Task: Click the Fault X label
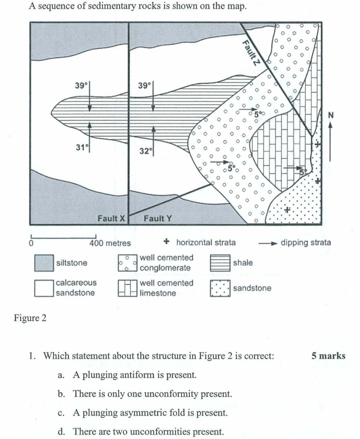pyautogui.click(x=111, y=218)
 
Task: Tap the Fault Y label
pyautogui.click(x=158, y=218)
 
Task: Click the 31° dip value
pyautogui.click(x=80, y=147)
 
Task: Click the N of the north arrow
pyautogui.click(x=331, y=115)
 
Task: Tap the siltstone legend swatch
pyautogui.click(x=44, y=263)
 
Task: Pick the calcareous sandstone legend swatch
pyautogui.click(x=44, y=288)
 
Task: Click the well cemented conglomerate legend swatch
pyautogui.click(x=128, y=263)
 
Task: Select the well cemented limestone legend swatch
pyautogui.click(x=128, y=288)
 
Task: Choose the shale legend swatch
pyautogui.click(x=220, y=263)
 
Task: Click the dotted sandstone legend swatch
pyautogui.click(x=220, y=288)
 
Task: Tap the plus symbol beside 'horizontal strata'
pyautogui.click(x=166, y=242)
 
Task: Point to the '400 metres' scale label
pyautogui.click(x=110, y=243)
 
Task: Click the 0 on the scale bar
pyautogui.click(x=31, y=243)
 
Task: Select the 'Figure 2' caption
pyautogui.click(x=30, y=318)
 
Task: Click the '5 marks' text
pyautogui.click(x=328, y=356)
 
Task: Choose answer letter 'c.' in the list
pyautogui.click(x=61, y=413)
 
